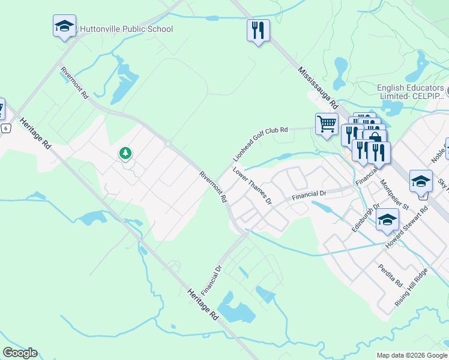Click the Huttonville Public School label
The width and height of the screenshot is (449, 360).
[126, 29]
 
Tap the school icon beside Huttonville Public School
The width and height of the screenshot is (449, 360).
[64, 26]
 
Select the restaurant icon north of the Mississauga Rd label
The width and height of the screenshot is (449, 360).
[258, 30]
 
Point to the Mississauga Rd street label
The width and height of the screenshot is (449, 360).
[318, 87]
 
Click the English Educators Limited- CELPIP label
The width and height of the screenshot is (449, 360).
[411, 92]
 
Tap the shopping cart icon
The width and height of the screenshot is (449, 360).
[327, 124]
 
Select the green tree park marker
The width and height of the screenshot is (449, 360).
[125, 154]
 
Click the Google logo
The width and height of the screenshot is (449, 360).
[20, 353]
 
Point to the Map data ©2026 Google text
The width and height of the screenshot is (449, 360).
[412, 355]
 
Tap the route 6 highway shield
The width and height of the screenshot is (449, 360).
[5, 128]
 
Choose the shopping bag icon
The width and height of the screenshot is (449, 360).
[376, 138]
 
